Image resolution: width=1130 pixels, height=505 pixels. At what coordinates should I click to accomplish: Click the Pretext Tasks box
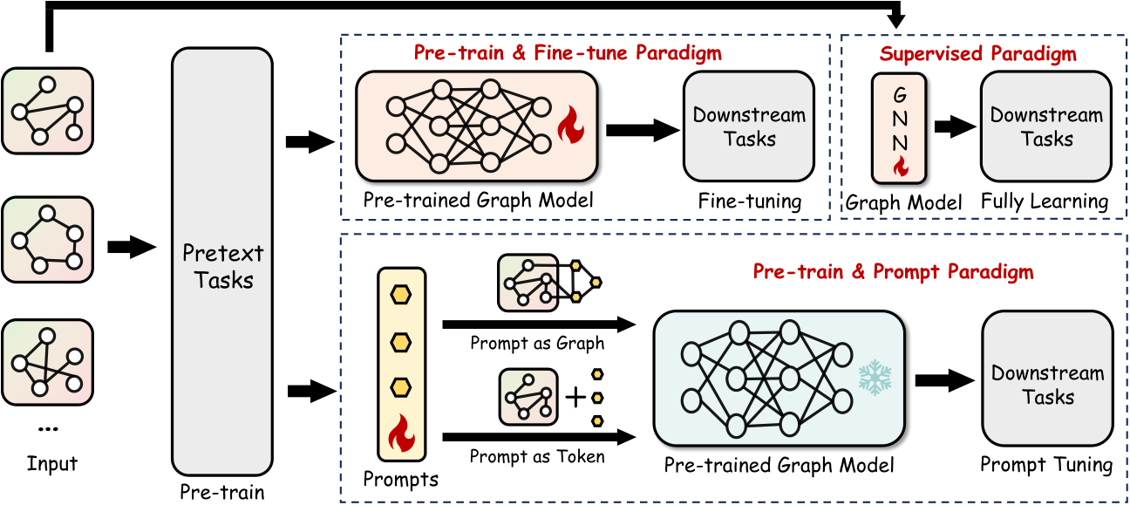[x=222, y=262]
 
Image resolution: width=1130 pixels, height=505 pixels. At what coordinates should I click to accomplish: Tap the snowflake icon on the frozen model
[x=875, y=378]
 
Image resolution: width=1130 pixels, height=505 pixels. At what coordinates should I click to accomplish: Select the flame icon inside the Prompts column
[x=402, y=433]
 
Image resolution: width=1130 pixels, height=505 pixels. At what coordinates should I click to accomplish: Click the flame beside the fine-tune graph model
[x=571, y=125]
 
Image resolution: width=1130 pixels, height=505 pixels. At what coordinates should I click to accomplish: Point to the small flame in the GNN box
[x=901, y=166]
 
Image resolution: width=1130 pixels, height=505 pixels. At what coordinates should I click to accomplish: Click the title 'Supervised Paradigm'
[x=978, y=53]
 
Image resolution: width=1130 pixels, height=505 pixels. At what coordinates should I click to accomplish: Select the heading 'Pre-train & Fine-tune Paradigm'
[x=568, y=52]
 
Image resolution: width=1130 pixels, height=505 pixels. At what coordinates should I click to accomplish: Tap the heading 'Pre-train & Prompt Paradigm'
[x=894, y=271]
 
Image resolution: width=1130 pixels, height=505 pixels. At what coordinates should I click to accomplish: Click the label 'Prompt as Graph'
[x=537, y=344]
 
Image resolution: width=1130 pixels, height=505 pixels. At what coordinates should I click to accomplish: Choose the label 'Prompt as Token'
[x=537, y=456]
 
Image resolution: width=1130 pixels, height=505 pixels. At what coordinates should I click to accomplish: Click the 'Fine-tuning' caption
[x=750, y=201]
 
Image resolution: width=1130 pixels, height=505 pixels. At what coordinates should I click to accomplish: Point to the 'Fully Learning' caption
[x=1045, y=201]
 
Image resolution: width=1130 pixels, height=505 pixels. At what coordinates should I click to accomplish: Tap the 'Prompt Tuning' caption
[x=1046, y=465]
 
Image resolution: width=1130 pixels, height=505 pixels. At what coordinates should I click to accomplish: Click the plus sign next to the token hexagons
[x=575, y=398]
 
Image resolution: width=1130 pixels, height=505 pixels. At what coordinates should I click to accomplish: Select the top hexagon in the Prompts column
[x=400, y=295]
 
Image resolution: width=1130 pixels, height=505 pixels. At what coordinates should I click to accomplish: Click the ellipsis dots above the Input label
[x=48, y=429]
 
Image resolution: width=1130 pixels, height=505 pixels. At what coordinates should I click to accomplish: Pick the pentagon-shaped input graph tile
[x=47, y=240]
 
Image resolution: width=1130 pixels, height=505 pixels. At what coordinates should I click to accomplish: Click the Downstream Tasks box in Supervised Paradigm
[x=1046, y=126]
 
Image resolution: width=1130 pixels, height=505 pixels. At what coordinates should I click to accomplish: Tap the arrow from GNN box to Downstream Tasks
[x=955, y=126]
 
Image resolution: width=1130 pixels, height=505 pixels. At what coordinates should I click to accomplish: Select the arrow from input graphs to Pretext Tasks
[x=132, y=247]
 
